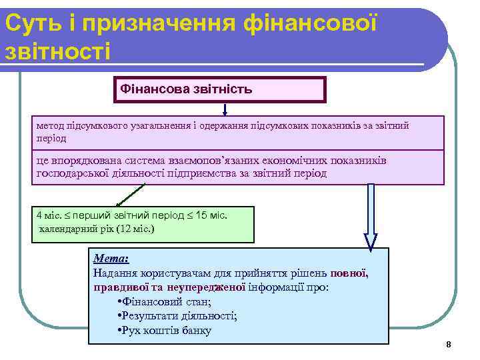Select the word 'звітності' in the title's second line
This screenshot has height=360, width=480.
coord(57,51)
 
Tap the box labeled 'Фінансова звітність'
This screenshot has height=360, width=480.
coord(219,89)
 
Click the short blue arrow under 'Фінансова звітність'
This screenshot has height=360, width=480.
coord(225,109)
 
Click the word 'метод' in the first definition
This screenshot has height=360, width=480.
coord(50,125)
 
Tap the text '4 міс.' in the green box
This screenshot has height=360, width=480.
coord(49,215)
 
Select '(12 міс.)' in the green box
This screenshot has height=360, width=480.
coord(135,229)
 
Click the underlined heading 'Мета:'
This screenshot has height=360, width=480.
coord(111,259)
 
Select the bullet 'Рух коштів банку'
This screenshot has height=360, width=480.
coord(163,330)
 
